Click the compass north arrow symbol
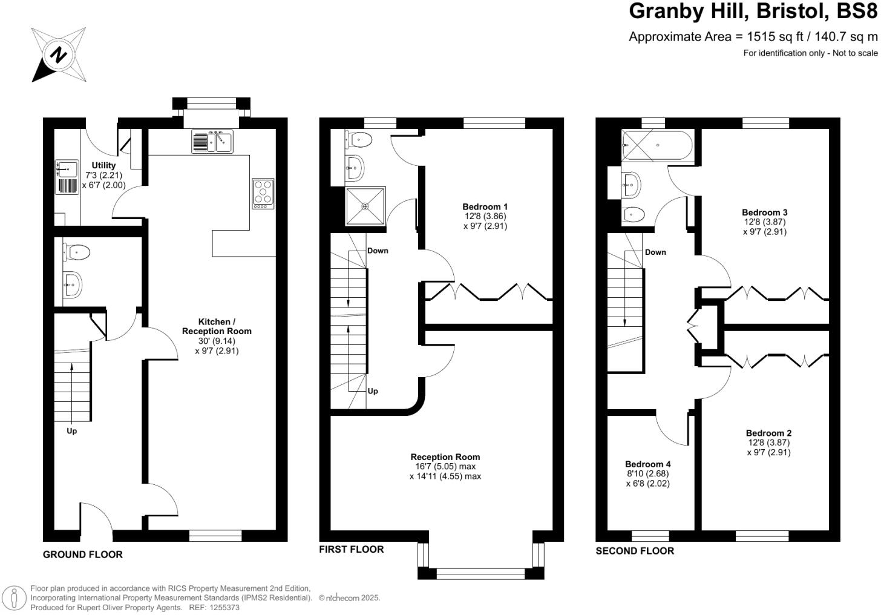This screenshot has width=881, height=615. (x=58, y=55)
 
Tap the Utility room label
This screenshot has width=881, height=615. (x=103, y=165)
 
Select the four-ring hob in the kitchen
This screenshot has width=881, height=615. (x=263, y=194)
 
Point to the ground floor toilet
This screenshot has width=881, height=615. (x=77, y=252)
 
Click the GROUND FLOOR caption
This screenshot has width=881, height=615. (x=82, y=554)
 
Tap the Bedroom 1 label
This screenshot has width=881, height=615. (x=485, y=206)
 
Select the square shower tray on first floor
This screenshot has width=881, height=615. (x=365, y=206)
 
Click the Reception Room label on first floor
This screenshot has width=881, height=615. (x=445, y=457)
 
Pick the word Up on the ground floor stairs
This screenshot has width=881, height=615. (x=71, y=431)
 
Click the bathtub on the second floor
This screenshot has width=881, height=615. (x=657, y=145)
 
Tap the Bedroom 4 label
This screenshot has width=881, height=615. (x=647, y=464)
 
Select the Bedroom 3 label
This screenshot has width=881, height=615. (x=764, y=212)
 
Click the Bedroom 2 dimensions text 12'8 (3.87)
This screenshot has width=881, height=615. (x=768, y=442)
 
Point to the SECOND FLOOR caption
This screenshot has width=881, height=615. (x=635, y=551)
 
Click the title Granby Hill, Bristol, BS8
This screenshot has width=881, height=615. (x=753, y=12)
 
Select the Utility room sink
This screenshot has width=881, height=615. (x=67, y=167)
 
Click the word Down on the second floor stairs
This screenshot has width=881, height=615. (x=655, y=252)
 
